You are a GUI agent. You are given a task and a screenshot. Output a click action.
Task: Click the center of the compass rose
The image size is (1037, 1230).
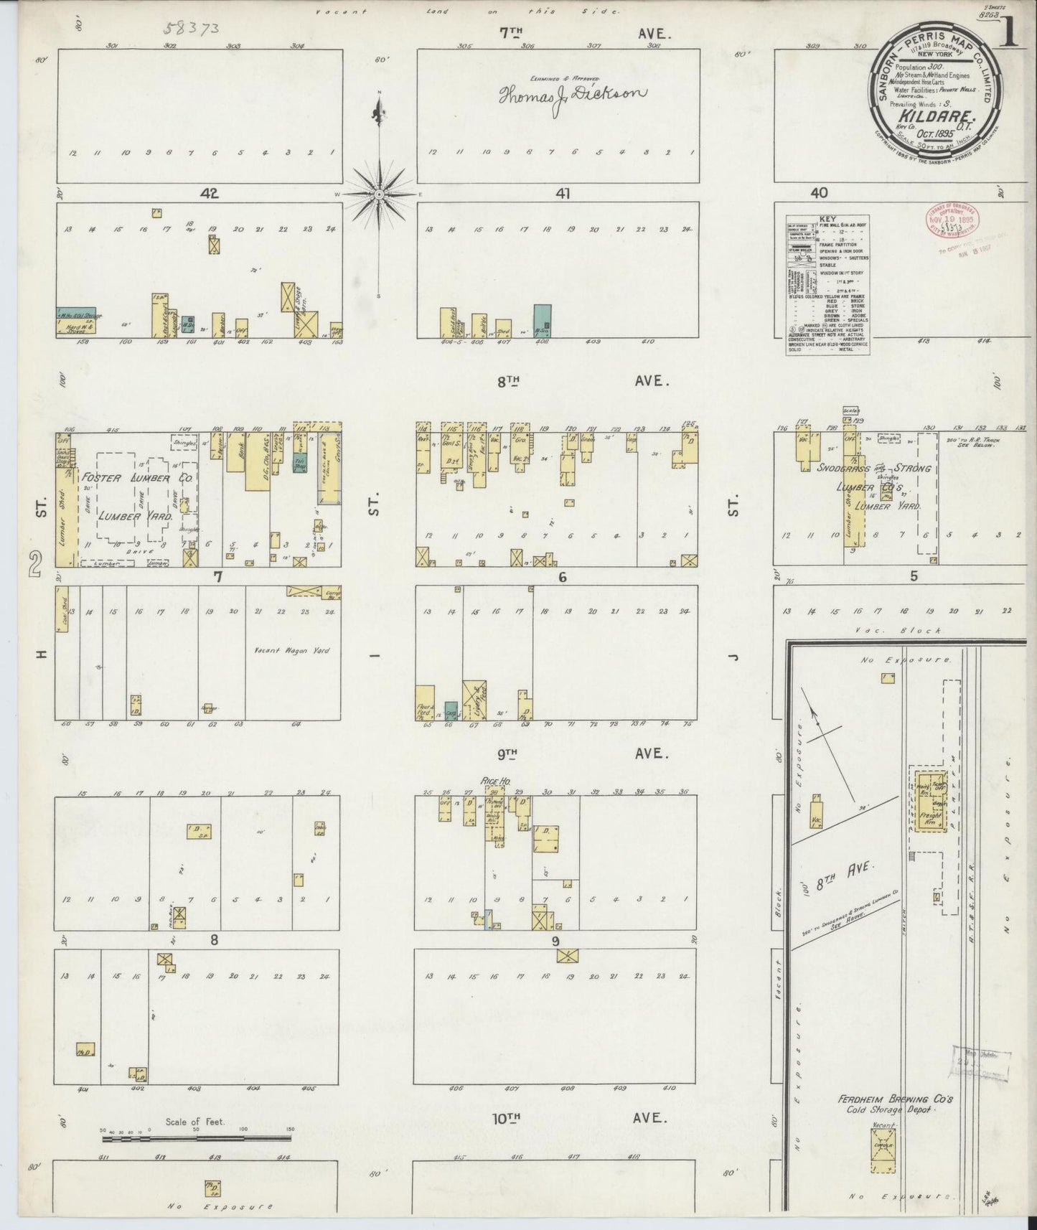[x=379, y=194]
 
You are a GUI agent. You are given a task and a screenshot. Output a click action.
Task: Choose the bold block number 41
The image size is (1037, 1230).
[x=562, y=193]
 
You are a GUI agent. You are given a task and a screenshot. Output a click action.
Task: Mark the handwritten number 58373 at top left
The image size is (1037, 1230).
[x=191, y=29]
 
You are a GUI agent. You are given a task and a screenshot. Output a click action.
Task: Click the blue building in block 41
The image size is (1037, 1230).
[x=543, y=321]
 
